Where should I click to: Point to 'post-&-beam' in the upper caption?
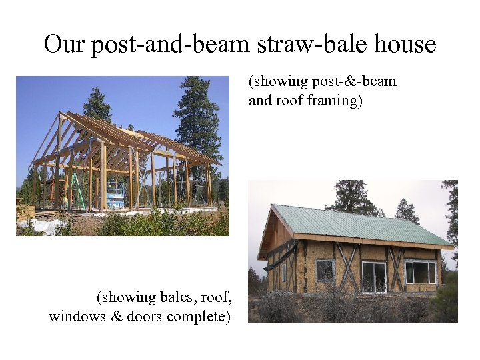coord(361,82)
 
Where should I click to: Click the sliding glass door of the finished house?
coord(374,277)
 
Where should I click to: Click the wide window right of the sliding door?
coord(420,272)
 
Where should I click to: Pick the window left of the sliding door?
coord(325,270)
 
